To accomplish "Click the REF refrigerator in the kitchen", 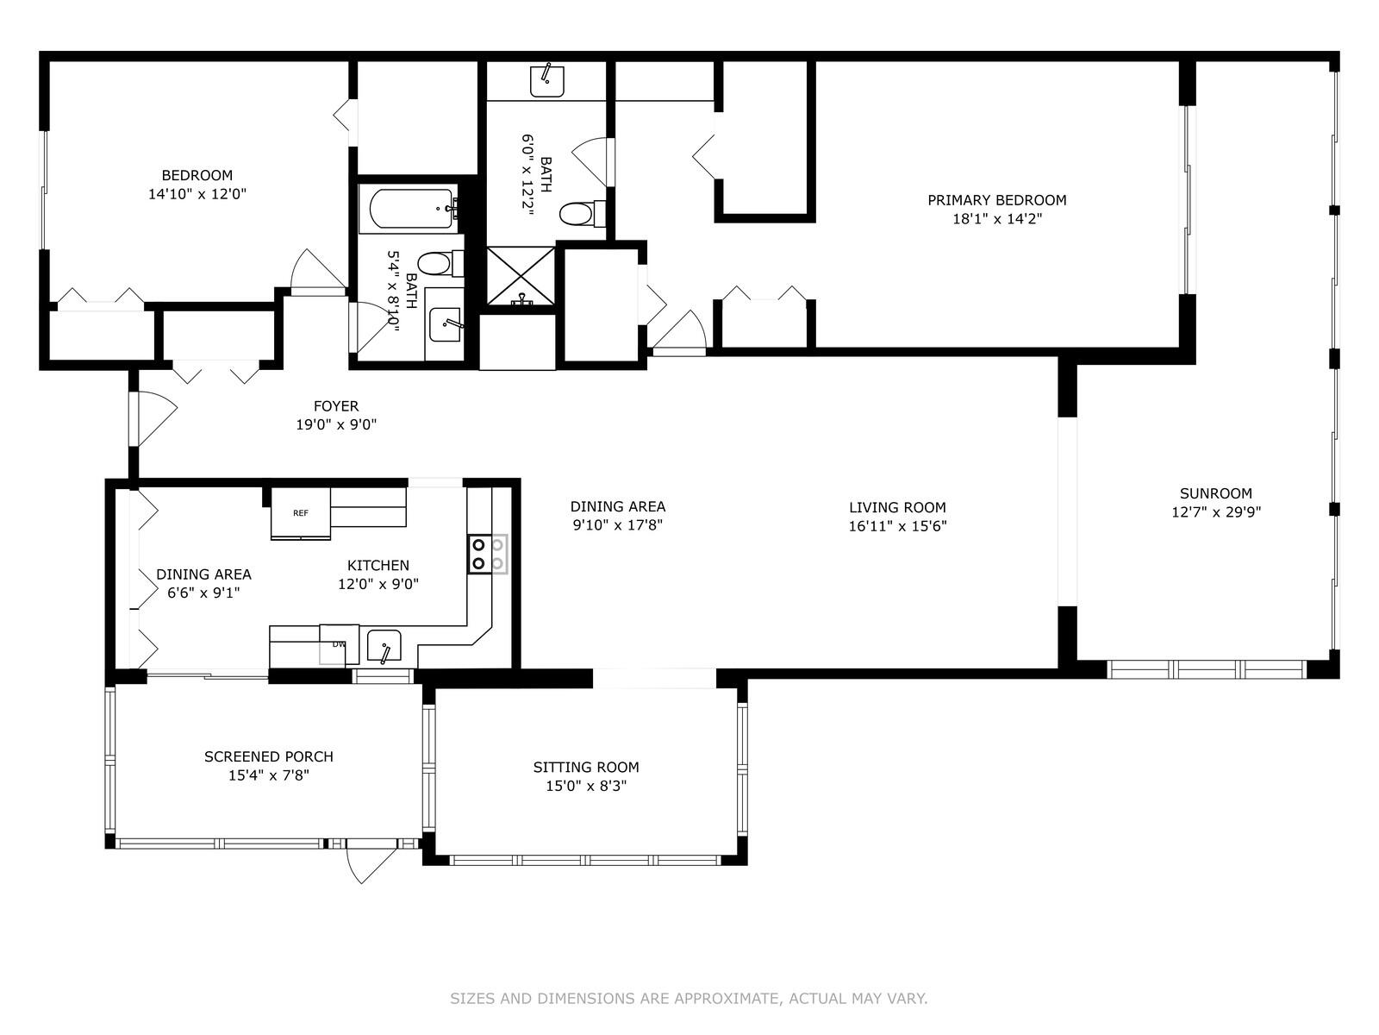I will click(x=301, y=514).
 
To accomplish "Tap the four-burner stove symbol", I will click(x=487, y=555).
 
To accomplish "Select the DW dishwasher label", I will click(x=339, y=644).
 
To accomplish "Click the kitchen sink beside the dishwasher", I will click(x=384, y=646).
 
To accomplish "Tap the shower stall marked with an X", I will click(x=521, y=276).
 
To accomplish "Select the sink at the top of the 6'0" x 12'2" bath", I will click(x=546, y=80).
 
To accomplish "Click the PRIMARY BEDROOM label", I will click(x=996, y=200).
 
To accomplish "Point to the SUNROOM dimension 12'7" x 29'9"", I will click(x=1215, y=512).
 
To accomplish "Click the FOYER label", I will click(x=335, y=406).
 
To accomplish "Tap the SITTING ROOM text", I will click(x=585, y=767).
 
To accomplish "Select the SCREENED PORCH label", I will click(x=268, y=756).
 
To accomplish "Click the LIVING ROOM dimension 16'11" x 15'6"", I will click(x=897, y=526).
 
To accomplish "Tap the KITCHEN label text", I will click(x=378, y=566).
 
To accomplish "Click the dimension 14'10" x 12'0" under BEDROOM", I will click(x=197, y=195).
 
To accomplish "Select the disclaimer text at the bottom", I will click(x=689, y=999).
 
